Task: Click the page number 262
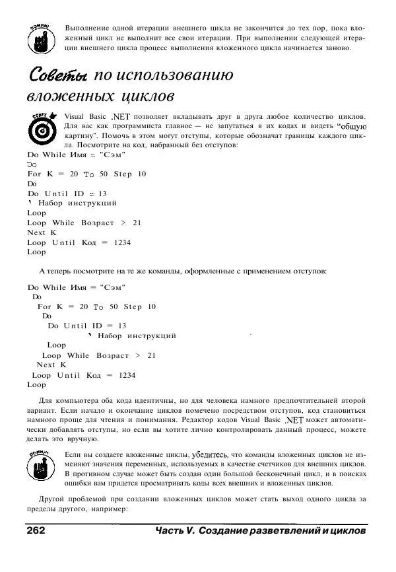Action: (x=35, y=531)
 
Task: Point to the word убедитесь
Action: (x=211, y=455)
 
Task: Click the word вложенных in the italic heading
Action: (x=63, y=97)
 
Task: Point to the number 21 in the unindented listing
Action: (x=137, y=223)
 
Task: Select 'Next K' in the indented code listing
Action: (x=51, y=365)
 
